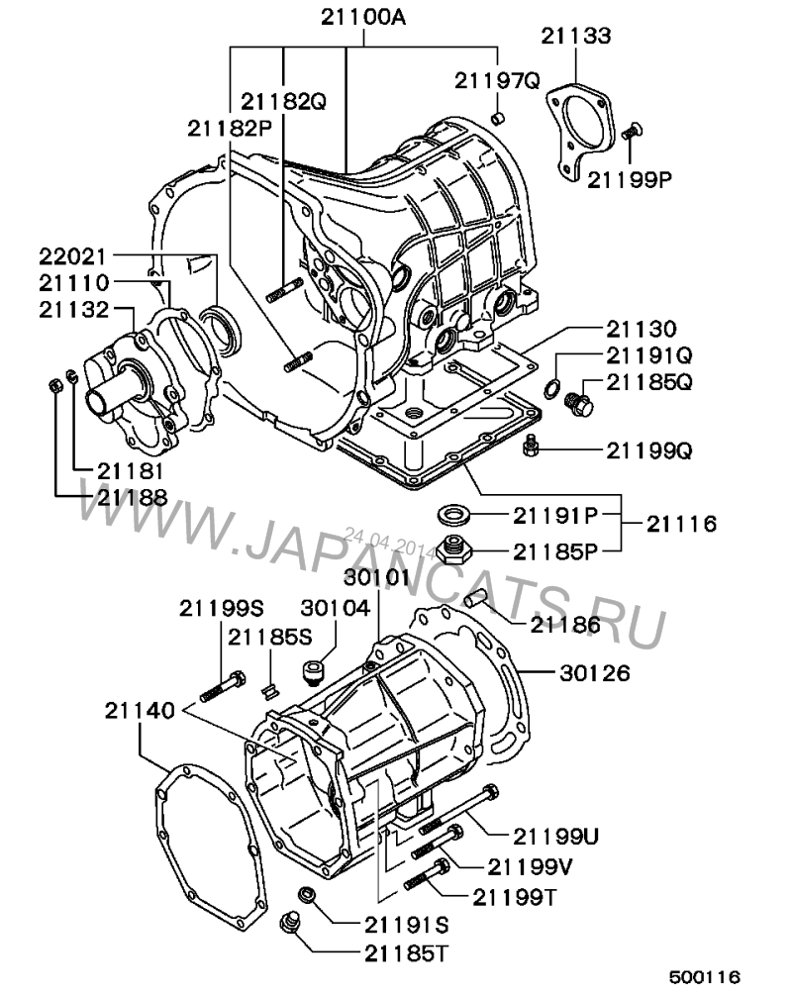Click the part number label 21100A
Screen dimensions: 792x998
coord(363,17)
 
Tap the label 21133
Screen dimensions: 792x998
coord(576,36)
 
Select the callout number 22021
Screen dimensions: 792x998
coord(72,256)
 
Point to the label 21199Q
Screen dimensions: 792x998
coord(648,450)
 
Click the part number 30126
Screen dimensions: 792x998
coord(595,673)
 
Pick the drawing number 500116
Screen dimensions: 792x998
coord(705,977)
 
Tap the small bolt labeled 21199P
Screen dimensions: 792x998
coord(633,130)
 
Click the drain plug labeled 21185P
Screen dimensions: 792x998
coord(453,549)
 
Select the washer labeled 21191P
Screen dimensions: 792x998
coord(453,513)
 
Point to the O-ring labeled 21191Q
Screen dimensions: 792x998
coord(552,386)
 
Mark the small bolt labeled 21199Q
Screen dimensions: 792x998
coord(531,446)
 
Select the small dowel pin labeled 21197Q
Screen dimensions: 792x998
coord(499,119)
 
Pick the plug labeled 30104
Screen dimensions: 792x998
coord(312,673)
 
